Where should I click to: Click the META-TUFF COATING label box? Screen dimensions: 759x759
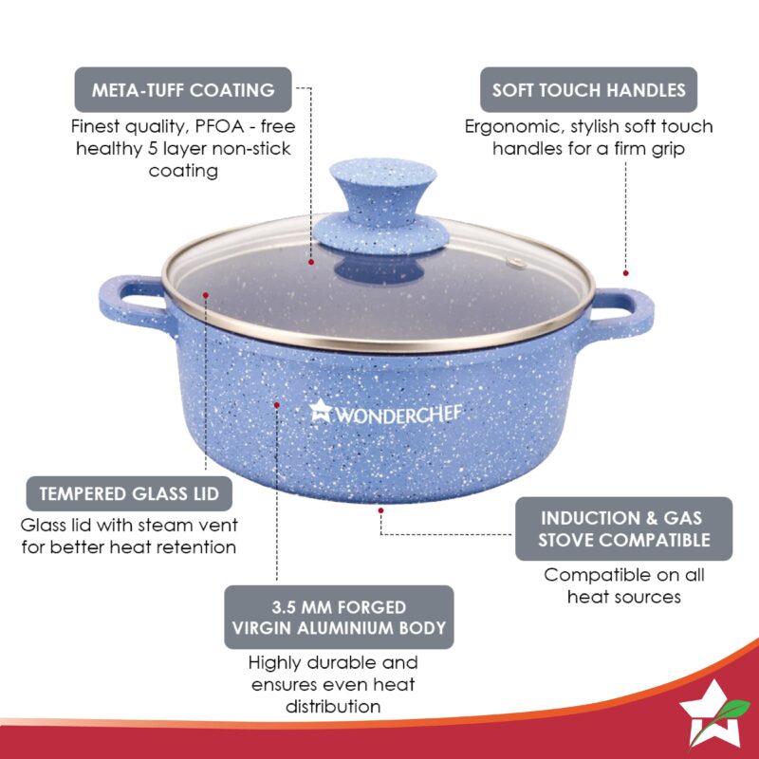[183, 90]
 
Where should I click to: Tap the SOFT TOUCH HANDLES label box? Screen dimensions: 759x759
[588, 90]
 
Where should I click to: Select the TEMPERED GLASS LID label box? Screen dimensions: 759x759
[129, 494]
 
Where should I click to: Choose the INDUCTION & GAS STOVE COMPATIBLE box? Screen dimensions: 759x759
[624, 528]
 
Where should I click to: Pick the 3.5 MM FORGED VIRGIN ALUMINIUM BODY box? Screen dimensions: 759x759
[339, 618]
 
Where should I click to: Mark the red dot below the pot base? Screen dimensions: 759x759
[379, 509]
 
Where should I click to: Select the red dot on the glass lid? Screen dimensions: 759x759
[311, 258]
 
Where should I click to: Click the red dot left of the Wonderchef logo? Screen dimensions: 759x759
[277, 404]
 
